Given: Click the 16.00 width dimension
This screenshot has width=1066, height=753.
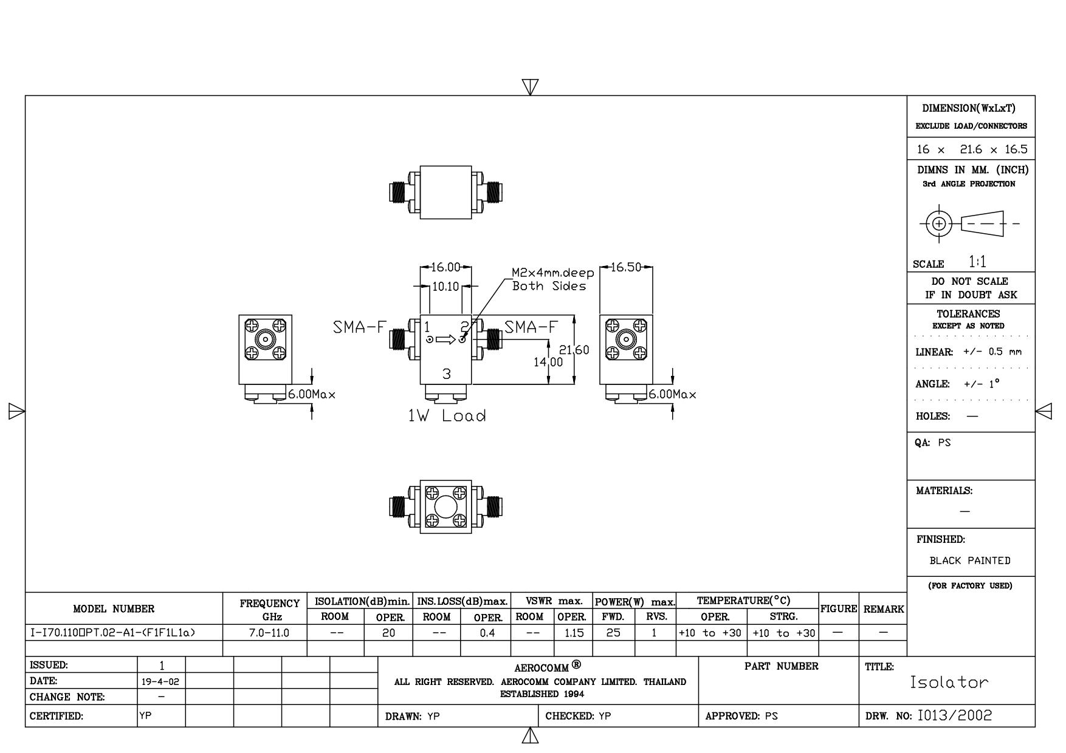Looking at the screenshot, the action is click(x=445, y=267).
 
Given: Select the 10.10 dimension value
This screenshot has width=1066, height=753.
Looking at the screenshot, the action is click(x=445, y=287).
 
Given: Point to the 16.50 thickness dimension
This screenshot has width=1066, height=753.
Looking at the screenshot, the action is click(x=626, y=267).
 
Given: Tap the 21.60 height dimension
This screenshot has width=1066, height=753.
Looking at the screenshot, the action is click(x=574, y=350).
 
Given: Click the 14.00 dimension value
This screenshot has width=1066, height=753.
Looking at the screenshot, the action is click(x=548, y=363).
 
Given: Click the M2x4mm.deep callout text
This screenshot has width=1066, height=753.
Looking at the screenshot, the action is click(x=552, y=273).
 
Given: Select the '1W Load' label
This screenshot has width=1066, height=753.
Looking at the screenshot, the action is click(x=447, y=416).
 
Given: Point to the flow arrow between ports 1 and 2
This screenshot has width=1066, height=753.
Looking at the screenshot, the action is click(x=446, y=339).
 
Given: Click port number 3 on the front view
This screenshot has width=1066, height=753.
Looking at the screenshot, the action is click(x=447, y=374).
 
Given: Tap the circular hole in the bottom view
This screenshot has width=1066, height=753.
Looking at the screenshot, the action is click(x=446, y=506).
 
